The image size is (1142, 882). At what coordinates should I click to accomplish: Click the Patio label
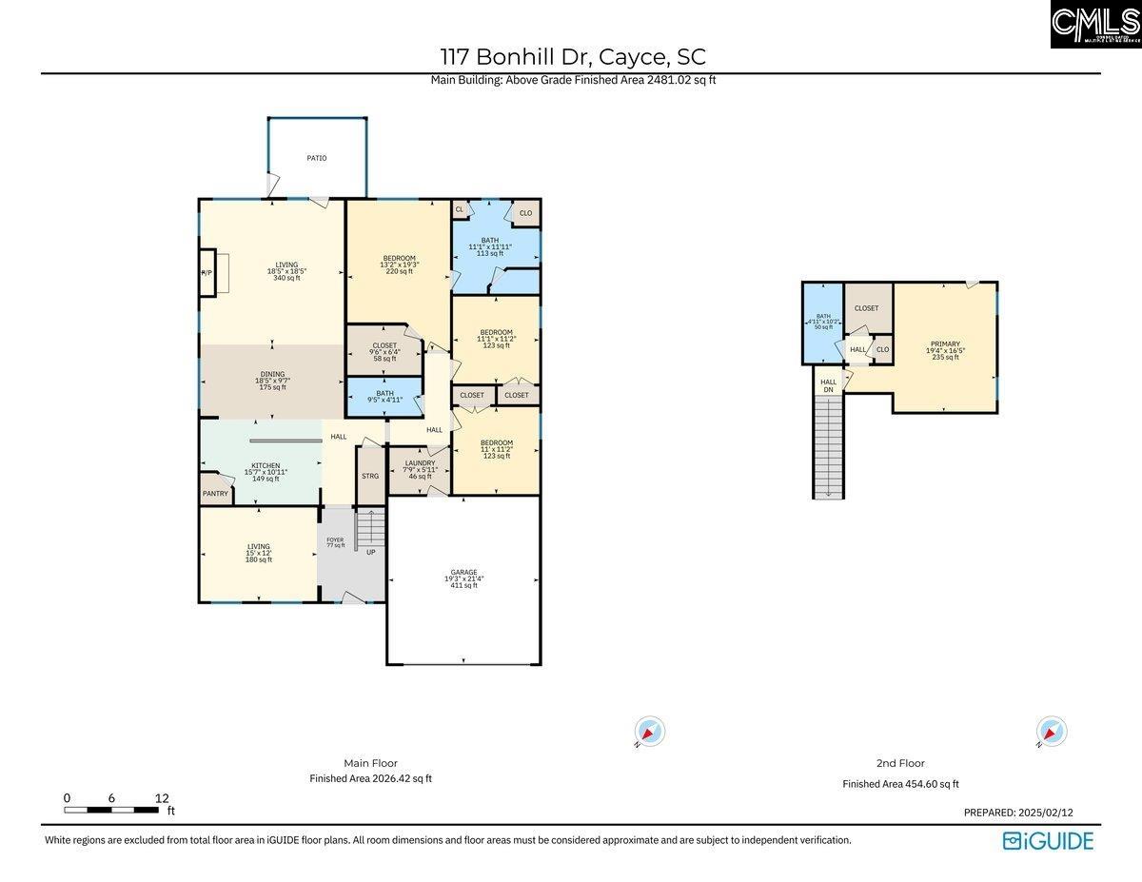click(316, 158)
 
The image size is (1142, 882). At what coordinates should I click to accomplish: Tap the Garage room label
click(463, 578)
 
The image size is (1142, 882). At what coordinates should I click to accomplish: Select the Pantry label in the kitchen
click(215, 493)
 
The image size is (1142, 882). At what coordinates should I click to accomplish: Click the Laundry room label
click(419, 469)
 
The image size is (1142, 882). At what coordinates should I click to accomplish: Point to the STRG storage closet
click(370, 476)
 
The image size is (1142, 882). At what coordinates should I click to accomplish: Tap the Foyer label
click(335, 542)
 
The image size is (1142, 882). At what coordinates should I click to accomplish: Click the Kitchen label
click(265, 471)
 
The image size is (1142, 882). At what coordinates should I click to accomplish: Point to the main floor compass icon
click(650, 733)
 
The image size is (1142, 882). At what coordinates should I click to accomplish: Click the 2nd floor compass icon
click(1052, 732)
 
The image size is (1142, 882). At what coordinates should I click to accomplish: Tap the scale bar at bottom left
click(112, 810)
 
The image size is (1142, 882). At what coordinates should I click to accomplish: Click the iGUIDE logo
click(1048, 841)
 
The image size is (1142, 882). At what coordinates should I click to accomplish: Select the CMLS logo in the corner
click(1095, 24)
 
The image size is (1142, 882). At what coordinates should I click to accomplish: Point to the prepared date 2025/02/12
click(1018, 813)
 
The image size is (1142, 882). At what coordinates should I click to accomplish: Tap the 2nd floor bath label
click(822, 322)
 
